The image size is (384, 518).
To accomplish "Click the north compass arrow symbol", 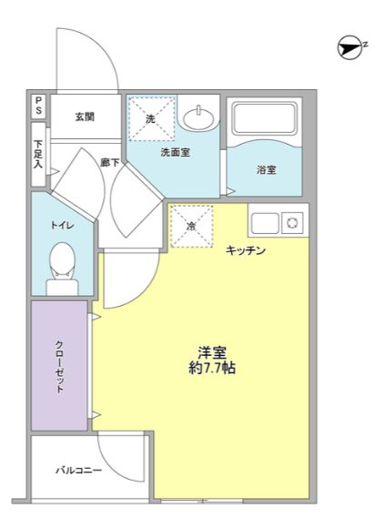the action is pos(350,48).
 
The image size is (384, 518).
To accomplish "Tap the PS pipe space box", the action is pos(38,106).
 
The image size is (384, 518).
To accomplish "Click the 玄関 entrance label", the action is pos(85,117).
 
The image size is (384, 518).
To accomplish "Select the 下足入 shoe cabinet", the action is pos(38,154).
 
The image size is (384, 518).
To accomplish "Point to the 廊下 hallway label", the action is pos(109,162).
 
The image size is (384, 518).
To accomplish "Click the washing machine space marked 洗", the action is pos(151,118).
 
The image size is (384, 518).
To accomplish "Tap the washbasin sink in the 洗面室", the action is pos(198,117).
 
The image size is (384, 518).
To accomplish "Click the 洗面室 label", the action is pos(176,152).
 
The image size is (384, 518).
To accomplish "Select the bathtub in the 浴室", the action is pos(264,118).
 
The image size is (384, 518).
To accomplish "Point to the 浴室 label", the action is pos(266,170).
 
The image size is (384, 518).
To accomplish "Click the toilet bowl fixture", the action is pos(62,269).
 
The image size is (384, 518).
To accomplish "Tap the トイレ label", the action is pos(62,225).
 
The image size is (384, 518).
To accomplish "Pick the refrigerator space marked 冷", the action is pos(191,226).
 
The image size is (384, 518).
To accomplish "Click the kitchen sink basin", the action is pos(265,223).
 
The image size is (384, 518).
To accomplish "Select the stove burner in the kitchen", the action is pos(292,223).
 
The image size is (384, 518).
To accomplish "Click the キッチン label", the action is pos(246,250).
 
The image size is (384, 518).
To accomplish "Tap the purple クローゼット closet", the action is pos(59,365).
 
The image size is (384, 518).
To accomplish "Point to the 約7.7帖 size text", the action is pos(212,368).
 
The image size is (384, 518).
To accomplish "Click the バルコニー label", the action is pos(78,470).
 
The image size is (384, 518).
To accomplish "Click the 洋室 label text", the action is pos(212,353).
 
